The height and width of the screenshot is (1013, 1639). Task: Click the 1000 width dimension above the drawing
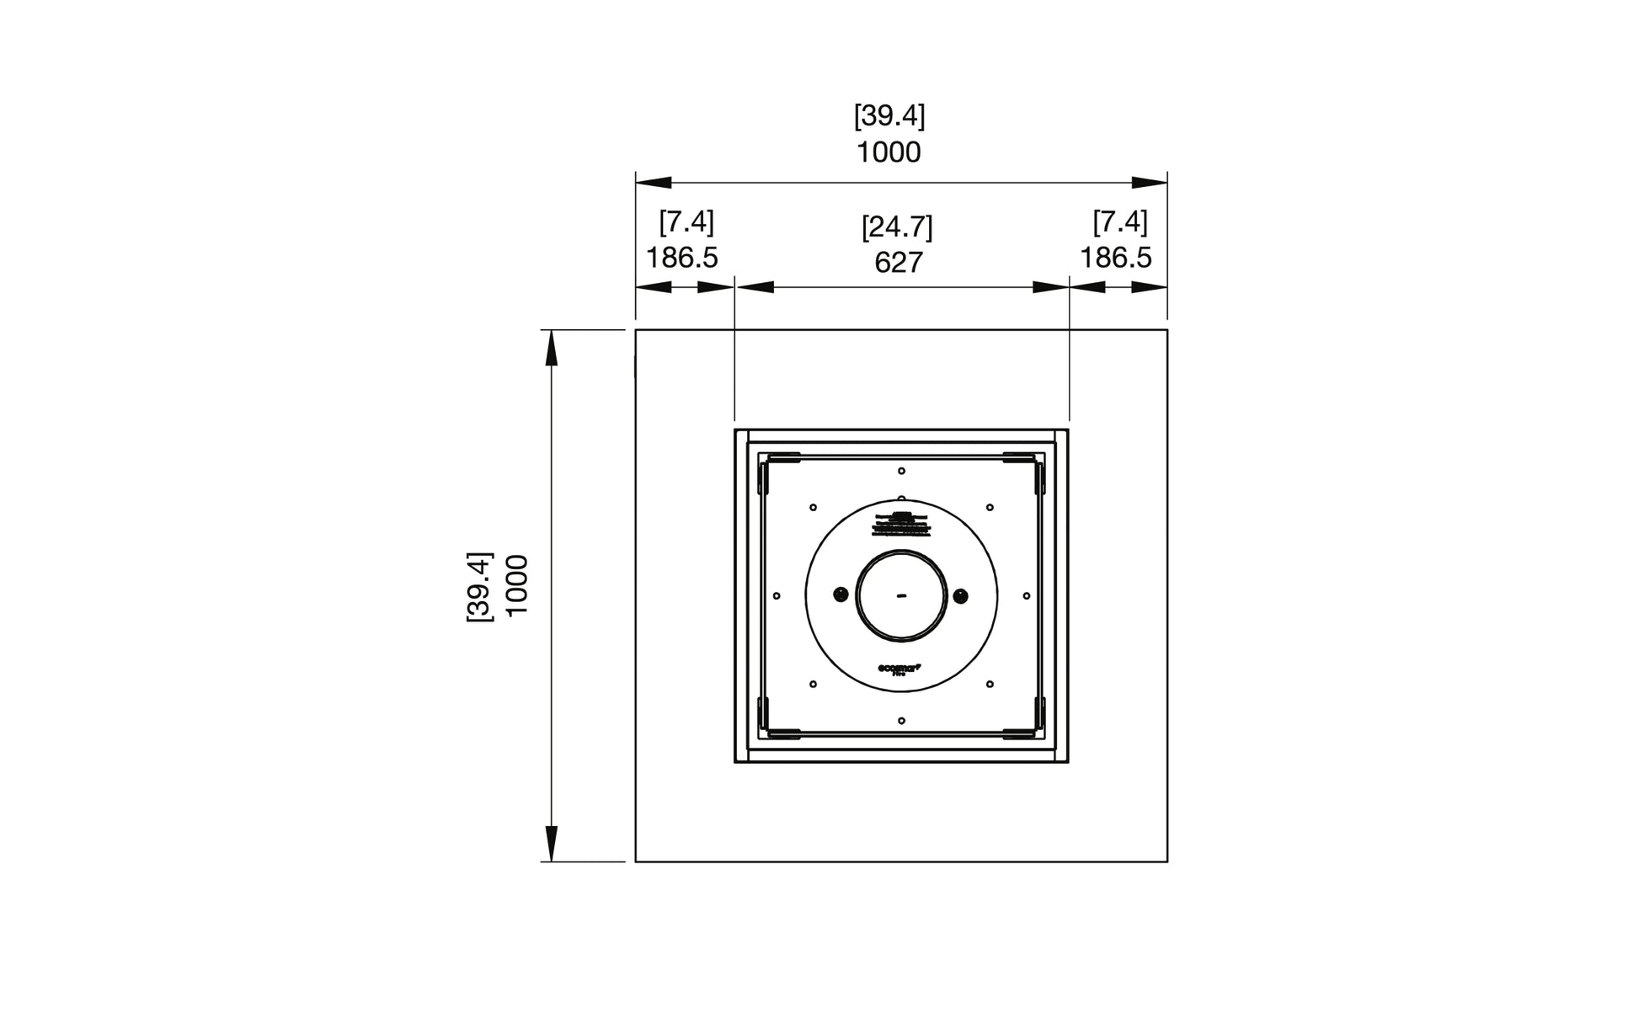(x=889, y=153)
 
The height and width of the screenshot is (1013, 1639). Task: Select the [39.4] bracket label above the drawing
(x=889, y=116)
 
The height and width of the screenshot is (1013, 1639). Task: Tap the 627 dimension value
(x=899, y=264)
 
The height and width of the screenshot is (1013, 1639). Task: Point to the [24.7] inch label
(x=897, y=227)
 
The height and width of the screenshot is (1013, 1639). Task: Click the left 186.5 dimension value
(x=681, y=258)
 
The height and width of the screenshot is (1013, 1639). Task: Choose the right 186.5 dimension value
(x=1116, y=258)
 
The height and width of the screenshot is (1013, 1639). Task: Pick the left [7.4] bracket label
(x=686, y=222)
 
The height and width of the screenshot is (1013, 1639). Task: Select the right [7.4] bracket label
(x=1120, y=222)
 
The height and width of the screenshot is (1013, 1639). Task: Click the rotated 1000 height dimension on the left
(x=515, y=585)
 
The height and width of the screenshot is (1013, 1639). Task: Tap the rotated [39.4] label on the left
(x=479, y=587)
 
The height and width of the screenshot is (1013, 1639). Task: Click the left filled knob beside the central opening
(x=841, y=595)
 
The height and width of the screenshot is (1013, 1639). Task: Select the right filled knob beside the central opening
(x=961, y=596)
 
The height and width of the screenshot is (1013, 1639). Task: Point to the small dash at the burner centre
(x=901, y=596)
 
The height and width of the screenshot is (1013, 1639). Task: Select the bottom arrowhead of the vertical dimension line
(x=552, y=844)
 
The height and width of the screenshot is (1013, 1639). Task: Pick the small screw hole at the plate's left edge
(x=777, y=596)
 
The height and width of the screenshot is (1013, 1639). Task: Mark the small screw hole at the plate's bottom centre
(x=901, y=721)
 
